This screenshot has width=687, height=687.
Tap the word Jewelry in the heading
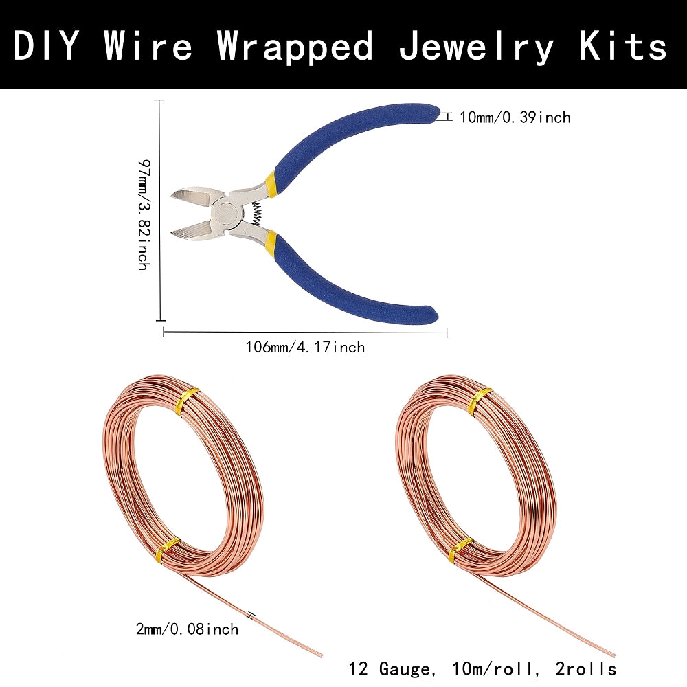click(x=477, y=46)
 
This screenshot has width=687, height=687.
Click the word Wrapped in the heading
click(x=295, y=46)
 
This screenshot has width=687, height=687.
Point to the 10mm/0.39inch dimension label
click(x=515, y=117)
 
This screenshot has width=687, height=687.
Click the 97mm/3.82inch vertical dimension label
click(x=143, y=213)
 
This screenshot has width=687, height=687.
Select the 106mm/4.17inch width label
click(x=305, y=348)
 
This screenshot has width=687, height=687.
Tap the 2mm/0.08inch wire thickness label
click(x=188, y=629)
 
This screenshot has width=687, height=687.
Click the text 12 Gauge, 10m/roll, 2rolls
click(x=482, y=668)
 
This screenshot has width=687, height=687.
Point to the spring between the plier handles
click(x=256, y=210)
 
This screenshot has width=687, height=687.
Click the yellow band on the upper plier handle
click(x=271, y=182)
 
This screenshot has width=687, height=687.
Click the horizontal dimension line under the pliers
click(x=305, y=333)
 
